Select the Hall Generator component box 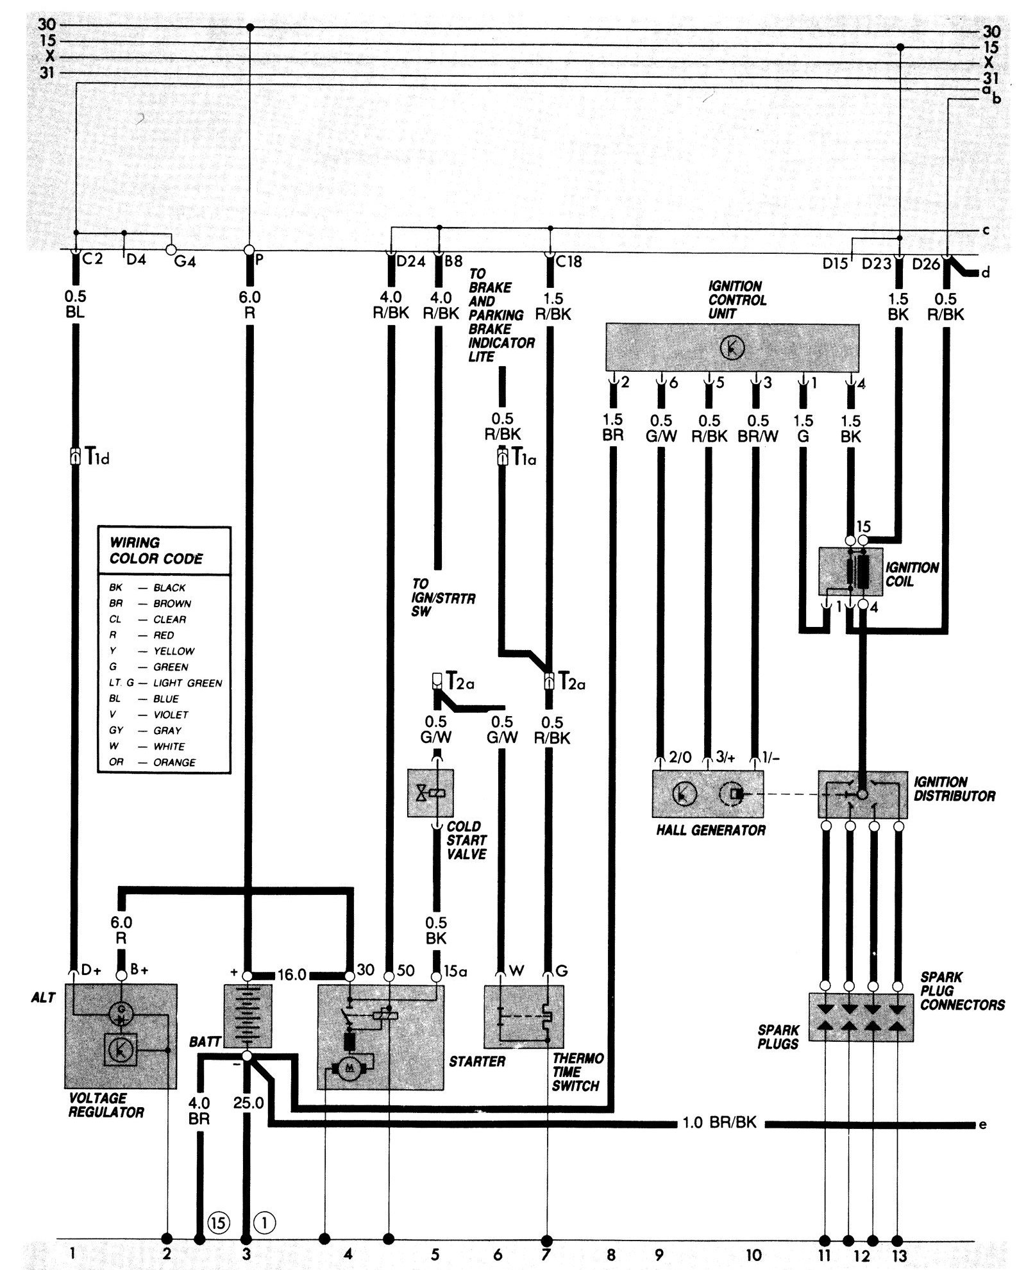pos(707,794)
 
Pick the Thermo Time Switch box pos(524,1017)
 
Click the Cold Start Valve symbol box pos(430,792)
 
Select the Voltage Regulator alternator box pos(121,1036)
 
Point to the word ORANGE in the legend pos(174,762)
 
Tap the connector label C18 pos(569,261)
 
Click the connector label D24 pos(410,261)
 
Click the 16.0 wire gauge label pos(292,975)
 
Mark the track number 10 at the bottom pos(753,1254)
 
